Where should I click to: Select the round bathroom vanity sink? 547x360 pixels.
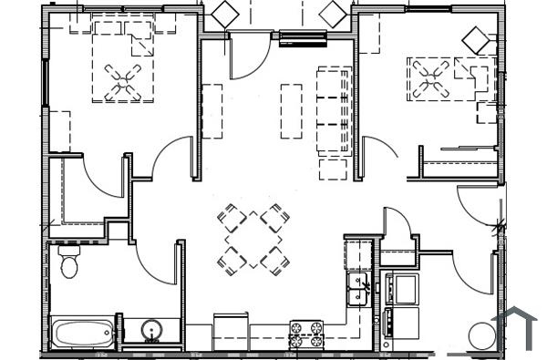coord(151,330)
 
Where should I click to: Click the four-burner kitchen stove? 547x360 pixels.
coord(307,334)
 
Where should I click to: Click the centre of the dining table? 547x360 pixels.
coord(253,240)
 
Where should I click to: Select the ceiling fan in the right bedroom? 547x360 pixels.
coord(430,77)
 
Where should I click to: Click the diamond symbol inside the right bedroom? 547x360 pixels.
coord(475,39)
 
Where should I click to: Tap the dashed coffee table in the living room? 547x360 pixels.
coord(291,110)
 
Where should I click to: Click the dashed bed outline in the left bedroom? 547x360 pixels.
coord(122,60)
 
